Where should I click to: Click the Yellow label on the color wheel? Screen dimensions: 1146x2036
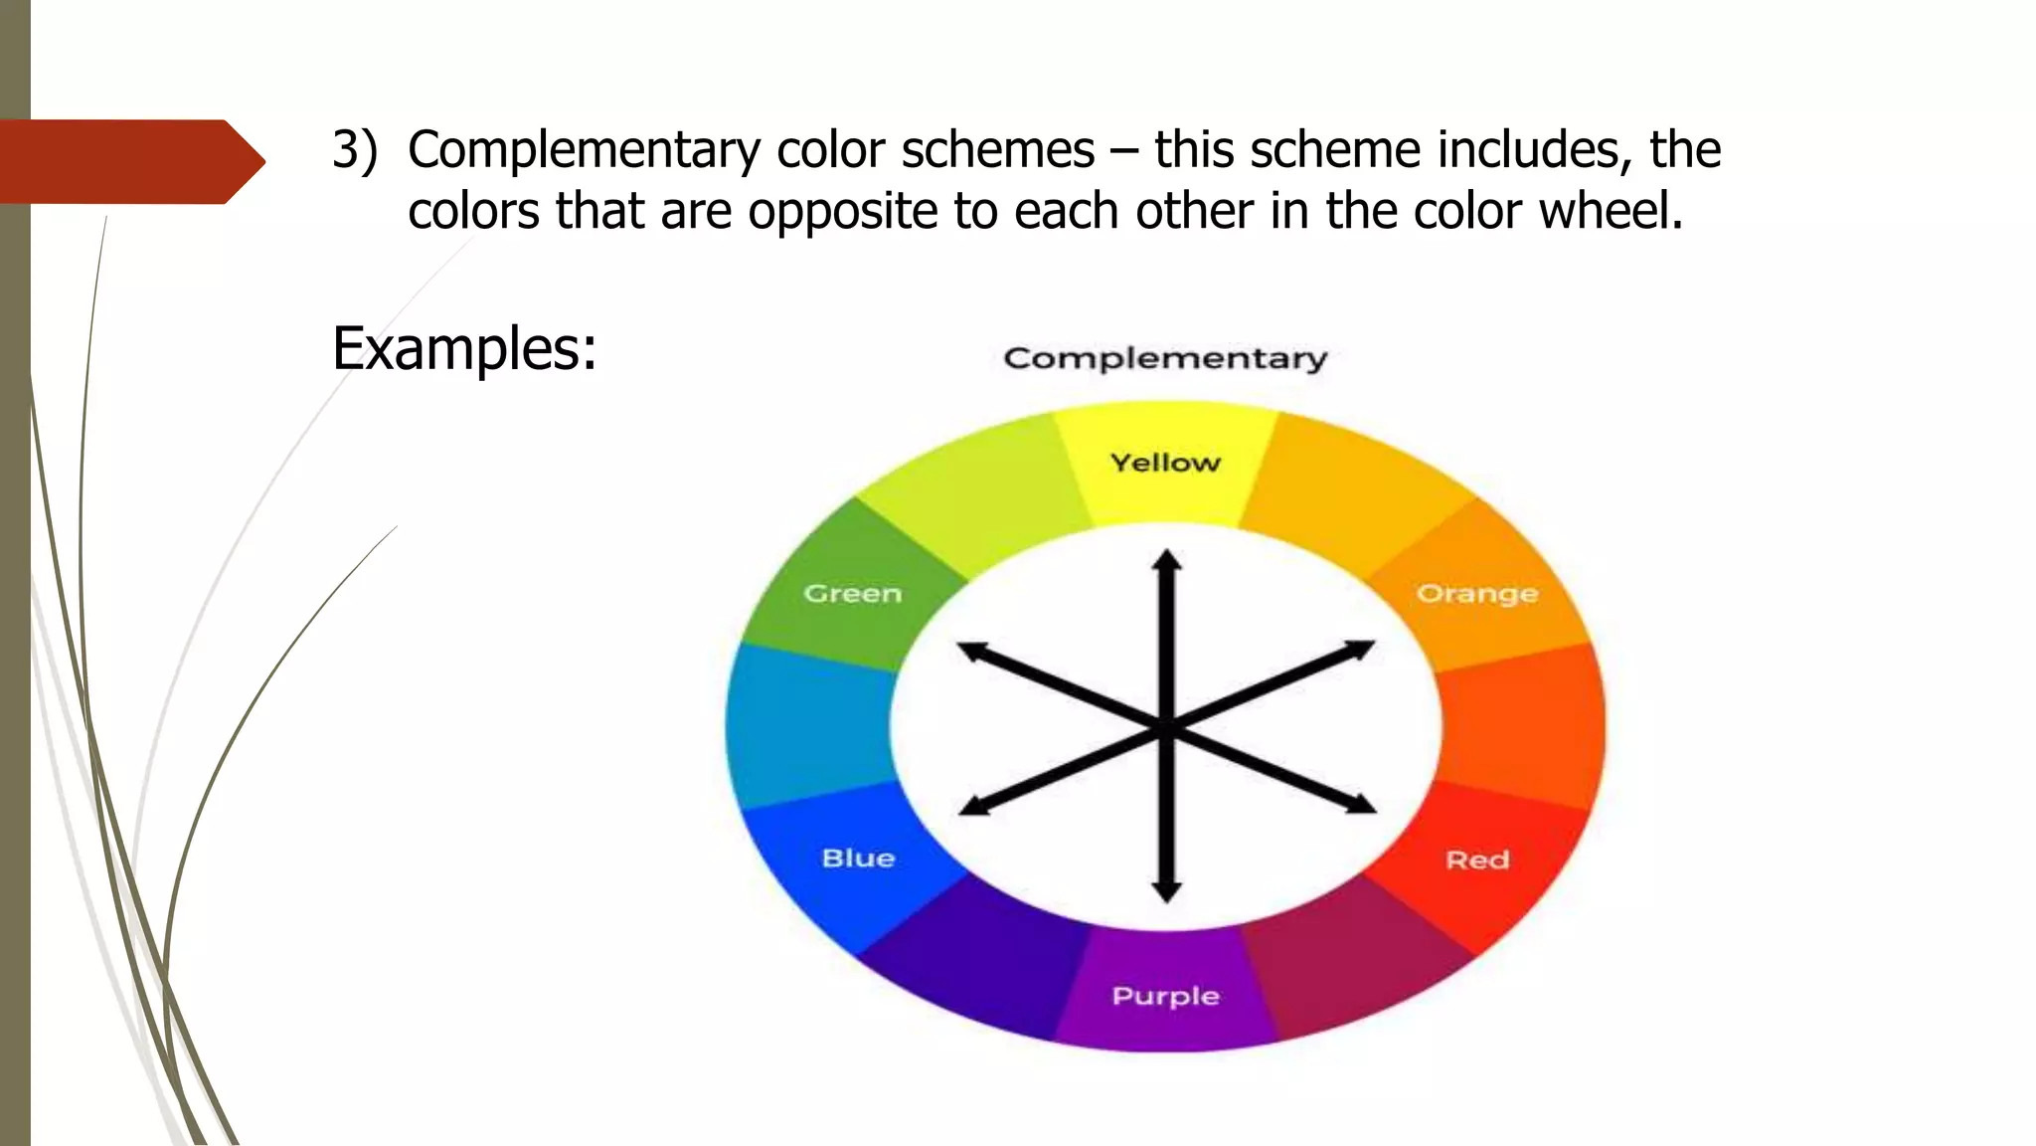(x=1165, y=463)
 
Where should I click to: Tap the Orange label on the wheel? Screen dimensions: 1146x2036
(x=1477, y=594)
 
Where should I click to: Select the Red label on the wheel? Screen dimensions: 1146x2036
(x=1477, y=859)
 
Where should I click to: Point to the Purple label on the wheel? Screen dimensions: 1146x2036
(x=1165, y=996)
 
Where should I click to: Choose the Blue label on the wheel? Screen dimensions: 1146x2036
(x=858, y=859)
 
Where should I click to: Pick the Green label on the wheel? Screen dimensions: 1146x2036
(x=852, y=594)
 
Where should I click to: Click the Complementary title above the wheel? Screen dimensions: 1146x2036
(x=1165, y=358)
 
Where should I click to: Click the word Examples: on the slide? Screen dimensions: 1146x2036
(x=464, y=349)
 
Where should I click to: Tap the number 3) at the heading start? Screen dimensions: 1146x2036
(x=355, y=150)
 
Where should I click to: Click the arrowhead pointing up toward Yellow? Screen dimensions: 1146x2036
(x=1167, y=560)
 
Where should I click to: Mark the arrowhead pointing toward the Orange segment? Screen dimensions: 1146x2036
(x=1361, y=651)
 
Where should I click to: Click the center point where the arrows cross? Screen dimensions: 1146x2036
(x=1167, y=727)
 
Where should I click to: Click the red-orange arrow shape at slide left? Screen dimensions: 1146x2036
(x=129, y=161)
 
